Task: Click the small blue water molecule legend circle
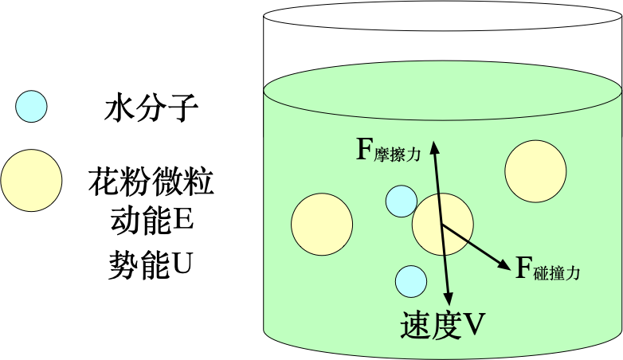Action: pyautogui.click(x=30, y=107)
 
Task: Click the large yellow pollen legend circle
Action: pyautogui.click(x=31, y=181)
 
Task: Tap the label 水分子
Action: pyautogui.click(x=150, y=108)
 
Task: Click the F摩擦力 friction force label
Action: pyautogui.click(x=387, y=151)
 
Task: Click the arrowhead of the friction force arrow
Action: pyautogui.click(x=433, y=146)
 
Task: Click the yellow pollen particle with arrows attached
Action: pyautogui.click(x=442, y=224)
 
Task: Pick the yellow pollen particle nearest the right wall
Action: pyautogui.click(x=535, y=171)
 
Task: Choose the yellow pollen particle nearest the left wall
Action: pyautogui.click(x=322, y=224)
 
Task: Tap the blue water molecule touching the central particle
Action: pyautogui.click(x=401, y=201)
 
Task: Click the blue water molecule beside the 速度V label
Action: pyautogui.click(x=411, y=280)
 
